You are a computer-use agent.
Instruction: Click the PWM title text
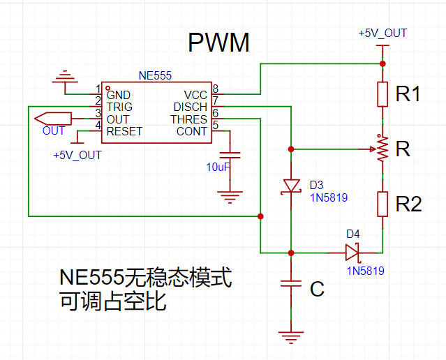point(218,44)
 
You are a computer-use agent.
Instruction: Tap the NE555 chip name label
point(155,75)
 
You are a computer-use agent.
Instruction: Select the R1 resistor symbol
point(382,94)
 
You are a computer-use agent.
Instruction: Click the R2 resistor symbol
point(382,204)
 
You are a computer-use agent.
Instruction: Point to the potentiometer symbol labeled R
point(381,149)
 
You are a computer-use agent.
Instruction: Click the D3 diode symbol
point(291,186)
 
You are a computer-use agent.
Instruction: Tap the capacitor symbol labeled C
point(291,285)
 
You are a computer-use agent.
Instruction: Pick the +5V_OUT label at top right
point(382,33)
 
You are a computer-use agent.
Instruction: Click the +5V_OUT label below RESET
point(77,155)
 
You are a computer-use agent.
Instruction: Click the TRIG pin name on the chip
point(119,107)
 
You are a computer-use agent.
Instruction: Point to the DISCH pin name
point(190,107)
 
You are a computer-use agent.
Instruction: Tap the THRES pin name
point(188,119)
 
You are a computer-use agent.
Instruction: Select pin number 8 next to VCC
point(215,89)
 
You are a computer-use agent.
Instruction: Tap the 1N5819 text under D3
point(329,197)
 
